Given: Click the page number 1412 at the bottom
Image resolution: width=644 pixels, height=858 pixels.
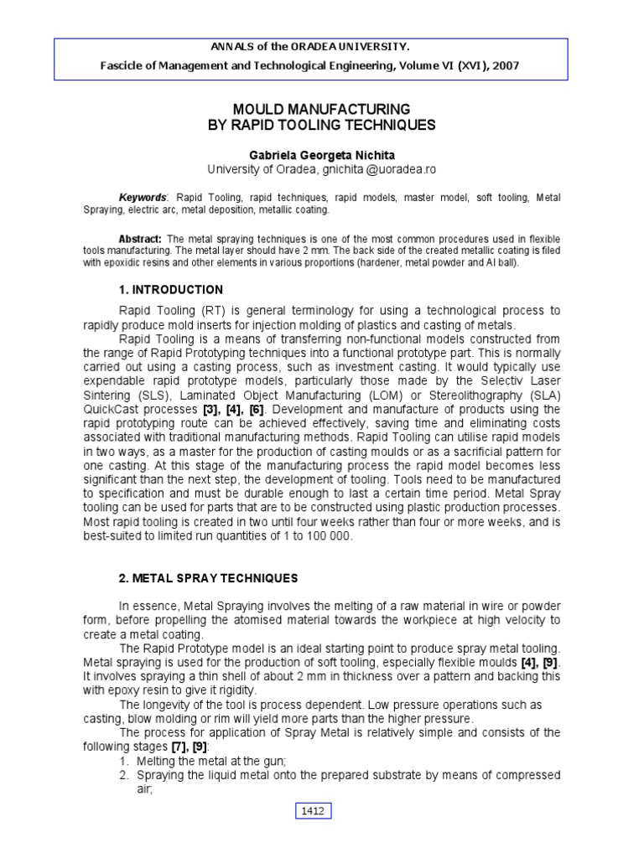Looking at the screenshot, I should coord(315,810).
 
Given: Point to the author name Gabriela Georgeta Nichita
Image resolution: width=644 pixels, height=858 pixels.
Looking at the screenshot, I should coord(322,155).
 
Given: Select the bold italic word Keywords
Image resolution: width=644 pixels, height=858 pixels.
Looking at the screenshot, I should coord(142,197).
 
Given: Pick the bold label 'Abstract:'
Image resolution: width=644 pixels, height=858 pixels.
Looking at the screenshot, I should coord(139,239).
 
